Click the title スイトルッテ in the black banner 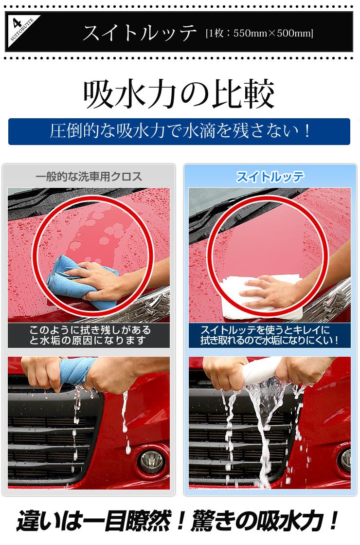coord(139,33)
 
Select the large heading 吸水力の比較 coord(180,94)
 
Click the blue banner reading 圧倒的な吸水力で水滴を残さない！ coord(180,131)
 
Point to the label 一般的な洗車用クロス coord(89,177)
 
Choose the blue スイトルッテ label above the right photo coord(270,177)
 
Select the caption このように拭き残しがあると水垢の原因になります coord(89,335)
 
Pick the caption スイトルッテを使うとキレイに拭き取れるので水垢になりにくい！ coord(270,335)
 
